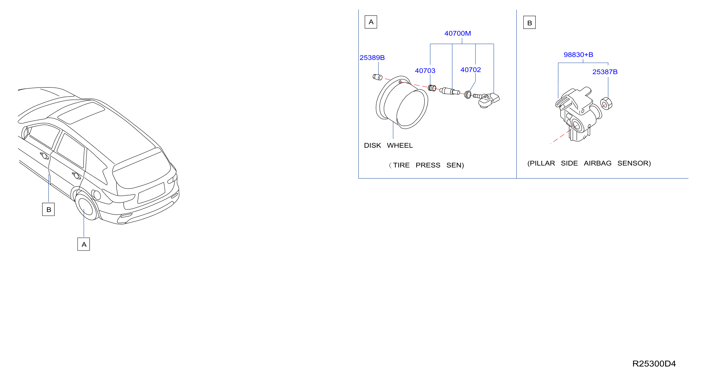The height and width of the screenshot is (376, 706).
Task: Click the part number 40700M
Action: [457, 33]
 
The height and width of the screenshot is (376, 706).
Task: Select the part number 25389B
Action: [372, 58]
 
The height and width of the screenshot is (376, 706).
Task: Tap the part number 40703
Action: [425, 71]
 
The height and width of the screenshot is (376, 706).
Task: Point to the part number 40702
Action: [470, 70]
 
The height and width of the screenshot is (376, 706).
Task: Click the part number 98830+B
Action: [578, 55]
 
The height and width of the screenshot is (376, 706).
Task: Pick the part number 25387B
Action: [605, 72]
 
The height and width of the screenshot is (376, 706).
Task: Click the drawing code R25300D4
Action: [654, 364]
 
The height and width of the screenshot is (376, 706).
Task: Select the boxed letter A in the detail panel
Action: [371, 22]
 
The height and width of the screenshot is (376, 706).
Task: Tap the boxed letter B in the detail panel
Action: [529, 23]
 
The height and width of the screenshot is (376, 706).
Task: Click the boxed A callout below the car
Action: [84, 244]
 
